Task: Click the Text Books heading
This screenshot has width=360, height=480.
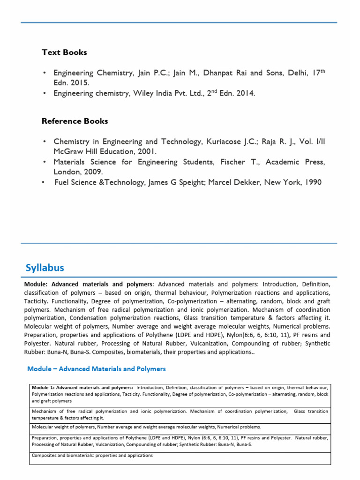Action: pyautogui.click(x=64, y=52)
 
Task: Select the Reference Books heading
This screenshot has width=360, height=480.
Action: pyautogui.click(x=75, y=121)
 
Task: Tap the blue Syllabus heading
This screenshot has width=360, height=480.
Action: pyautogui.click(x=45, y=268)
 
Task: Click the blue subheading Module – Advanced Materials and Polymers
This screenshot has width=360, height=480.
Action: pyautogui.click(x=97, y=369)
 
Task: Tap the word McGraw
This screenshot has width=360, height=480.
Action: pyautogui.click(x=68, y=152)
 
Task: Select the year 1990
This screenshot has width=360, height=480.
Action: pyautogui.click(x=312, y=182)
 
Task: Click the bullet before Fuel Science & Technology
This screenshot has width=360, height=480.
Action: pyautogui.click(x=44, y=182)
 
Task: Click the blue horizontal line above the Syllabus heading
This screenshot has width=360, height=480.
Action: pyautogui.click(x=180, y=243)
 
